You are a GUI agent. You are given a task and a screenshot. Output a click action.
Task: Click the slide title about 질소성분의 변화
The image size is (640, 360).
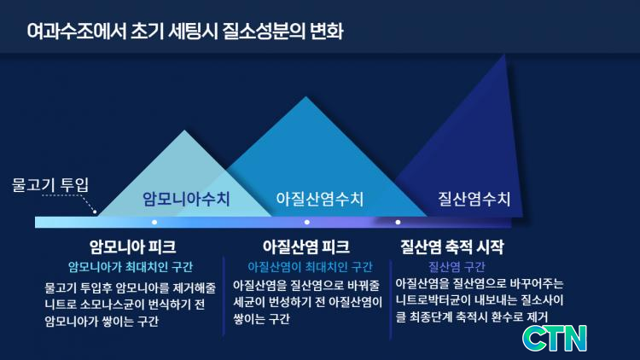click(x=185, y=31)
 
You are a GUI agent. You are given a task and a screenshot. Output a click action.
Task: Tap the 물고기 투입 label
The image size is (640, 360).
click(x=50, y=184)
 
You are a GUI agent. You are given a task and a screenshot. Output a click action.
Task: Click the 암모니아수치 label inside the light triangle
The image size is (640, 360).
click(x=186, y=199)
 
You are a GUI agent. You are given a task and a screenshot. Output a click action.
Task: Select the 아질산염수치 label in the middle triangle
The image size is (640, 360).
click(x=320, y=199)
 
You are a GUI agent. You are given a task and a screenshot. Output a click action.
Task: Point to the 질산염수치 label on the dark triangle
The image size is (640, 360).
click(x=474, y=199)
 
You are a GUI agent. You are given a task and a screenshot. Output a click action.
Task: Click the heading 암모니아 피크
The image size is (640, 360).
click(x=132, y=247)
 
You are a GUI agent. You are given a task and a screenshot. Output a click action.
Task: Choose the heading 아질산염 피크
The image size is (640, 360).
click(x=306, y=247)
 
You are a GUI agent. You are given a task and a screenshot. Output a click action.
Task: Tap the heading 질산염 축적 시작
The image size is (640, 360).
click(x=451, y=247)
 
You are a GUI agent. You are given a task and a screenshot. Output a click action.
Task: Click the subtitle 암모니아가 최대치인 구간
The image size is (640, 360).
click(x=131, y=267)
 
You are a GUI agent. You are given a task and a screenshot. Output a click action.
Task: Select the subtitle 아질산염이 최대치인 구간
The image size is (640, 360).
click(x=310, y=267)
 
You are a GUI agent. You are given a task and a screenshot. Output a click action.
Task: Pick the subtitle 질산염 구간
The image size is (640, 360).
click(x=457, y=267)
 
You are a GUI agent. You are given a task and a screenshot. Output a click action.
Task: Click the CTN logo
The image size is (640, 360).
click(x=555, y=338)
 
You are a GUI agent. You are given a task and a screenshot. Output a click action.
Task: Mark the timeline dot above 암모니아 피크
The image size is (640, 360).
click(x=154, y=222)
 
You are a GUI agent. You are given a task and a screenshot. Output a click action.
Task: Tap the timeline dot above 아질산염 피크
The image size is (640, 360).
click(x=307, y=222)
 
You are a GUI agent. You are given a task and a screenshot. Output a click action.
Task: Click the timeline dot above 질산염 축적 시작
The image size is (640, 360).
click(x=398, y=222)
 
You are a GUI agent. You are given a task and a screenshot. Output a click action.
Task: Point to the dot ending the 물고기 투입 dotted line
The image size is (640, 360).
click(x=95, y=212)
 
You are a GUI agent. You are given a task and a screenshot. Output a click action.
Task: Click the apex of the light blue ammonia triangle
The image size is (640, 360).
click(x=184, y=131)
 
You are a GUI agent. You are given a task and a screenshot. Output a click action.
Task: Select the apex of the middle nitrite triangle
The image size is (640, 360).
click(x=306, y=96)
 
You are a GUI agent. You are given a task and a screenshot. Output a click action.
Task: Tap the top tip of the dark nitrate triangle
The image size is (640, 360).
click(x=505, y=55)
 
